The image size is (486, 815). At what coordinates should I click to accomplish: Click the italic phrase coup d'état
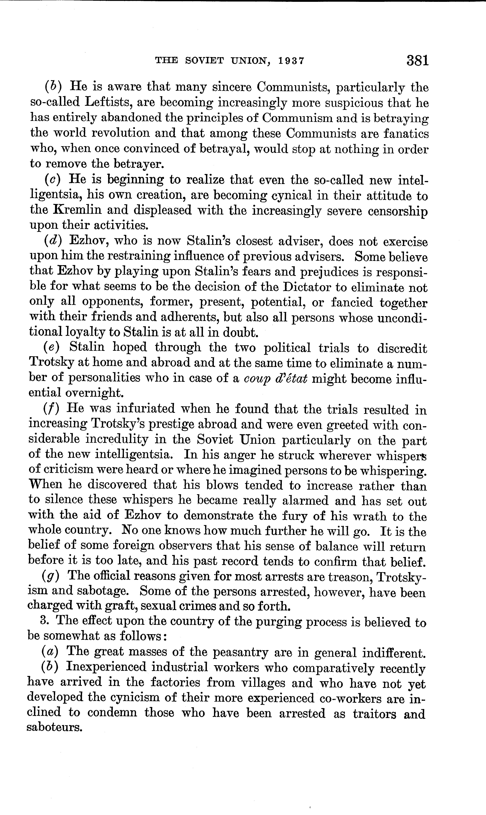(x=276, y=379)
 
